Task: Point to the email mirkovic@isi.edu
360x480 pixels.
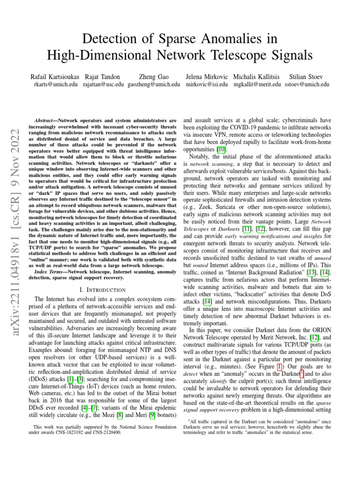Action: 207,84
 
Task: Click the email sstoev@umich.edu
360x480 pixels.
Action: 307,84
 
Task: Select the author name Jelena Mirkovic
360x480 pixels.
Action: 206,76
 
